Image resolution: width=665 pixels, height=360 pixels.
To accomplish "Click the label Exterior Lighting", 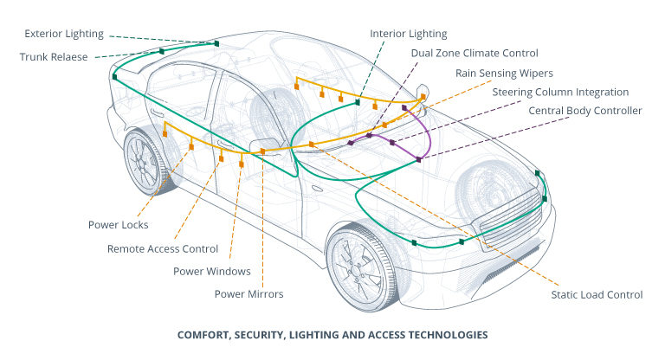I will point(64,35).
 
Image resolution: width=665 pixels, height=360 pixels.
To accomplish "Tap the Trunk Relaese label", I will point(58,57).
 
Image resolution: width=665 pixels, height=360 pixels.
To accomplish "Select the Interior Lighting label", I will point(409,35).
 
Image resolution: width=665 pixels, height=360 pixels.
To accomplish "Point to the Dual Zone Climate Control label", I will point(475,54).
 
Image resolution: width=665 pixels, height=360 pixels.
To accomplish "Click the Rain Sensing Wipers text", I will point(505,73).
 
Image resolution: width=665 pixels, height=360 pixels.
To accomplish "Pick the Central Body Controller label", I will point(585,111).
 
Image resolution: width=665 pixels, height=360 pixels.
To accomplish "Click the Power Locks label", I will point(119,225).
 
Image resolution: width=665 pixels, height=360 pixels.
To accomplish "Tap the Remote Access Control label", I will point(163,248).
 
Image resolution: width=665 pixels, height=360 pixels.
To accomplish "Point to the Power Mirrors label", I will point(249,294).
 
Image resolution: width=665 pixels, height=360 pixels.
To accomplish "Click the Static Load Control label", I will point(597,295).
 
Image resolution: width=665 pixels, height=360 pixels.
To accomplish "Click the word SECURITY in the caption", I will point(265,334).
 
